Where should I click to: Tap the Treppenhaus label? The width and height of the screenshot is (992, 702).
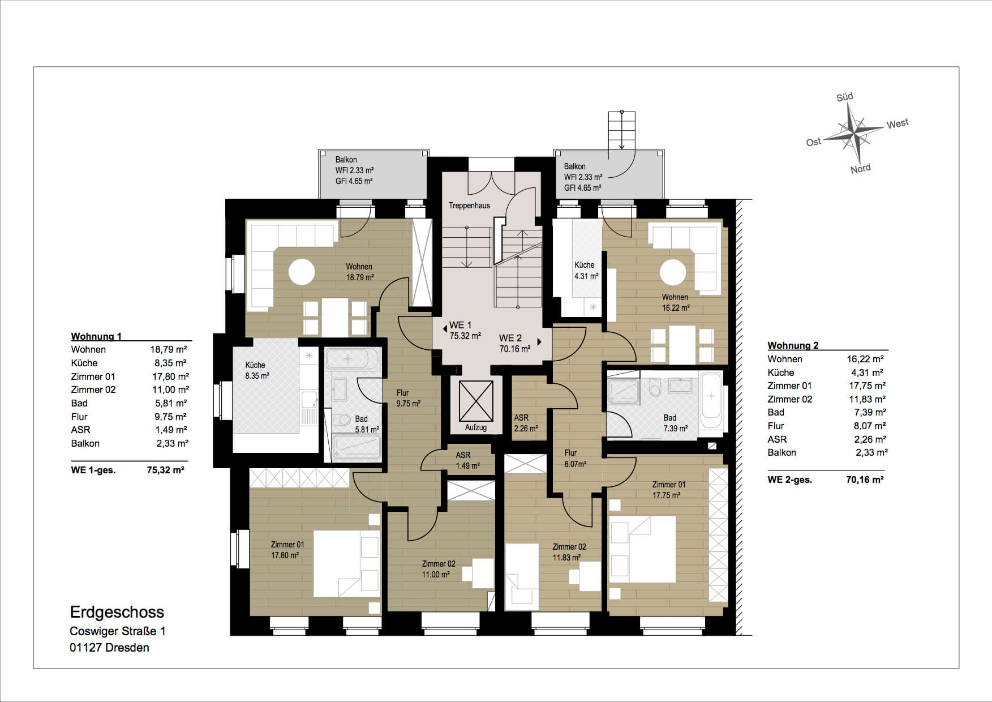469,206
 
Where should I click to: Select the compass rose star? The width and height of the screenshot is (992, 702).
853,134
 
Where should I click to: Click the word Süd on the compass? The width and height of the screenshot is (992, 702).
845,97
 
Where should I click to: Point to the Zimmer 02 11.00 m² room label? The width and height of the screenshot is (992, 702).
438,569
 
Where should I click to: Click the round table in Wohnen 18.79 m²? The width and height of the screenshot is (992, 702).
302,272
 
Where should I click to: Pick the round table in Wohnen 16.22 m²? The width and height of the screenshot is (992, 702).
673,272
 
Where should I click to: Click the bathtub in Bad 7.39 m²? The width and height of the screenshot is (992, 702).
711,401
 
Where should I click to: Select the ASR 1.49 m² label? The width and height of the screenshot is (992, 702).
467,460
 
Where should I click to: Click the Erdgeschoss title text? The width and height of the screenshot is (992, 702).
117,612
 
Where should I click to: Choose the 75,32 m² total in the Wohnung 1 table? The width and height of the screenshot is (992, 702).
165,470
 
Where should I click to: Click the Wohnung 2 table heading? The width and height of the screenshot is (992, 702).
793,345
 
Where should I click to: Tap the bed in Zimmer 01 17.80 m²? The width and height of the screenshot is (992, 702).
346,563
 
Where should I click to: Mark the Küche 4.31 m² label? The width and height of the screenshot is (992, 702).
586,271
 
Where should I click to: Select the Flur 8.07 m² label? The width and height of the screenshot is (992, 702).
575,458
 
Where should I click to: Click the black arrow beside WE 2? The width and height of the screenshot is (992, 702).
540,342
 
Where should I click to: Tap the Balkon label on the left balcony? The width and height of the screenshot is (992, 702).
346,160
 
